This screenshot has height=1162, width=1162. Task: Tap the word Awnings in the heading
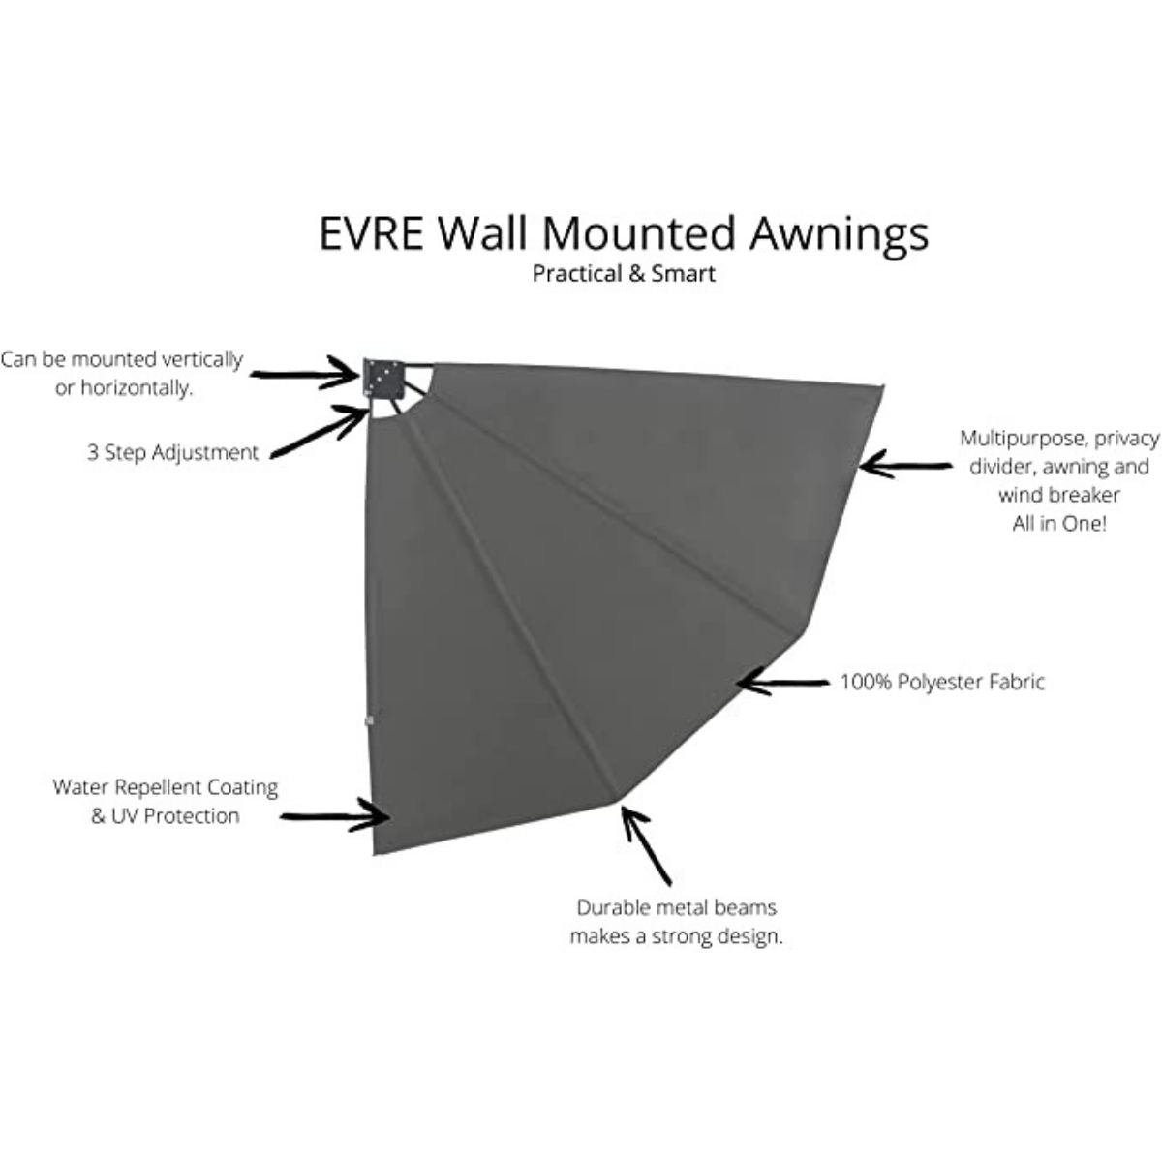tap(839, 236)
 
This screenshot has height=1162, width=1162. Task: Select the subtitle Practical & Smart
tap(624, 274)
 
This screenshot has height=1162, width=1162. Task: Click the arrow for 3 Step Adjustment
tap(320, 431)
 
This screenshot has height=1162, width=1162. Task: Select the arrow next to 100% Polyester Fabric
tap(782, 683)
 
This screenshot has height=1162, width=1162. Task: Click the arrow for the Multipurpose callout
tap(906, 466)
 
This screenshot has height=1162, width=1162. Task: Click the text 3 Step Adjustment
tap(173, 453)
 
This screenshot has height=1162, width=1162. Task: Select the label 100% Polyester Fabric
tap(942, 682)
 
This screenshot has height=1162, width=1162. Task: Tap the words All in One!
tap(1059, 524)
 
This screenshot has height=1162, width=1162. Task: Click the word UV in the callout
tap(126, 816)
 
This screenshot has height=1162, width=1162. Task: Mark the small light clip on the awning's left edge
tap(370, 720)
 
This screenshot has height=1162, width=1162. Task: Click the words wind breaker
tap(1059, 495)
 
